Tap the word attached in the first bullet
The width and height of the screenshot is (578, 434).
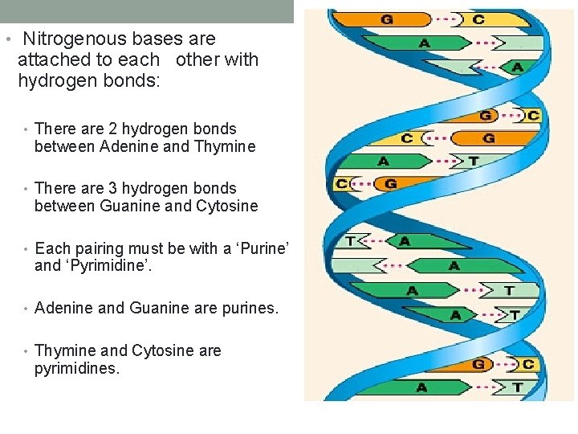coord(51,59)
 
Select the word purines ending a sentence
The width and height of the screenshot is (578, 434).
coord(247,308)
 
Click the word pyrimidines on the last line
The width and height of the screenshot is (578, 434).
coord(77,369)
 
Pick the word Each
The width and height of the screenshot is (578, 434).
coord(51,248)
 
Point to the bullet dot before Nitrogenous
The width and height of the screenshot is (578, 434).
coord(7,39)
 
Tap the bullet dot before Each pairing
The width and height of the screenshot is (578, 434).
coord(27,249)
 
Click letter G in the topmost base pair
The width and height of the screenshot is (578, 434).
coord(386,19)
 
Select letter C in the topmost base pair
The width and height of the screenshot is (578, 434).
coord(478,19)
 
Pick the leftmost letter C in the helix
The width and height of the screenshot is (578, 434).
coord(342,184)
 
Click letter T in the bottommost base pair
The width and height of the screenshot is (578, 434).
coord(518,387)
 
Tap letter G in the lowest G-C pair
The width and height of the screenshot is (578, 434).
coord(478,365)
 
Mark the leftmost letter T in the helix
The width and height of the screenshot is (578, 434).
coord(351,240)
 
